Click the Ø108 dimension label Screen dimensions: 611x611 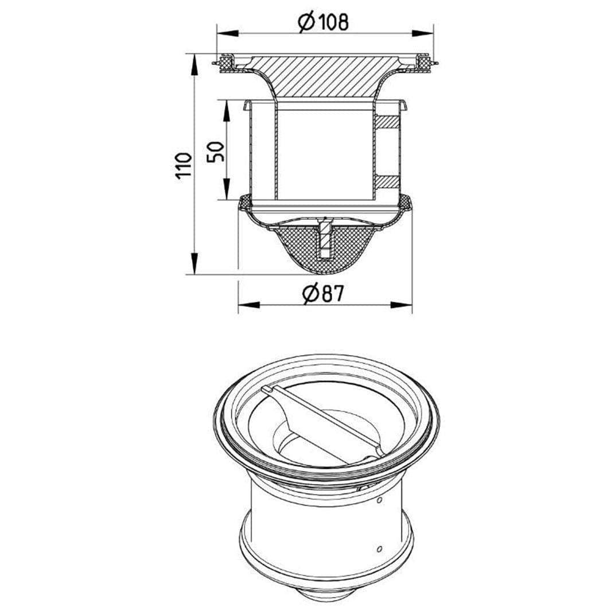click(x=323, y=22)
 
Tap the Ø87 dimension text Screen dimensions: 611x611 click(x=323, y=293)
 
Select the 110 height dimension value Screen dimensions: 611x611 click(x=184, y=166)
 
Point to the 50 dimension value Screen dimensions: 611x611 click(x=216, y=151)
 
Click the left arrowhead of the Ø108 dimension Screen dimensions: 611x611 click(x=227, y=33)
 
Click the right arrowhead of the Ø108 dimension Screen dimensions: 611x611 click(x=422, y=33)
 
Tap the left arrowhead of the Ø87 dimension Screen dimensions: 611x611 click(x=248, y=305)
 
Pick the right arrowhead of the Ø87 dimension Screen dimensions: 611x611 click(x=401, y=305)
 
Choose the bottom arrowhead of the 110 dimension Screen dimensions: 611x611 click(x=194, y=263)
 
